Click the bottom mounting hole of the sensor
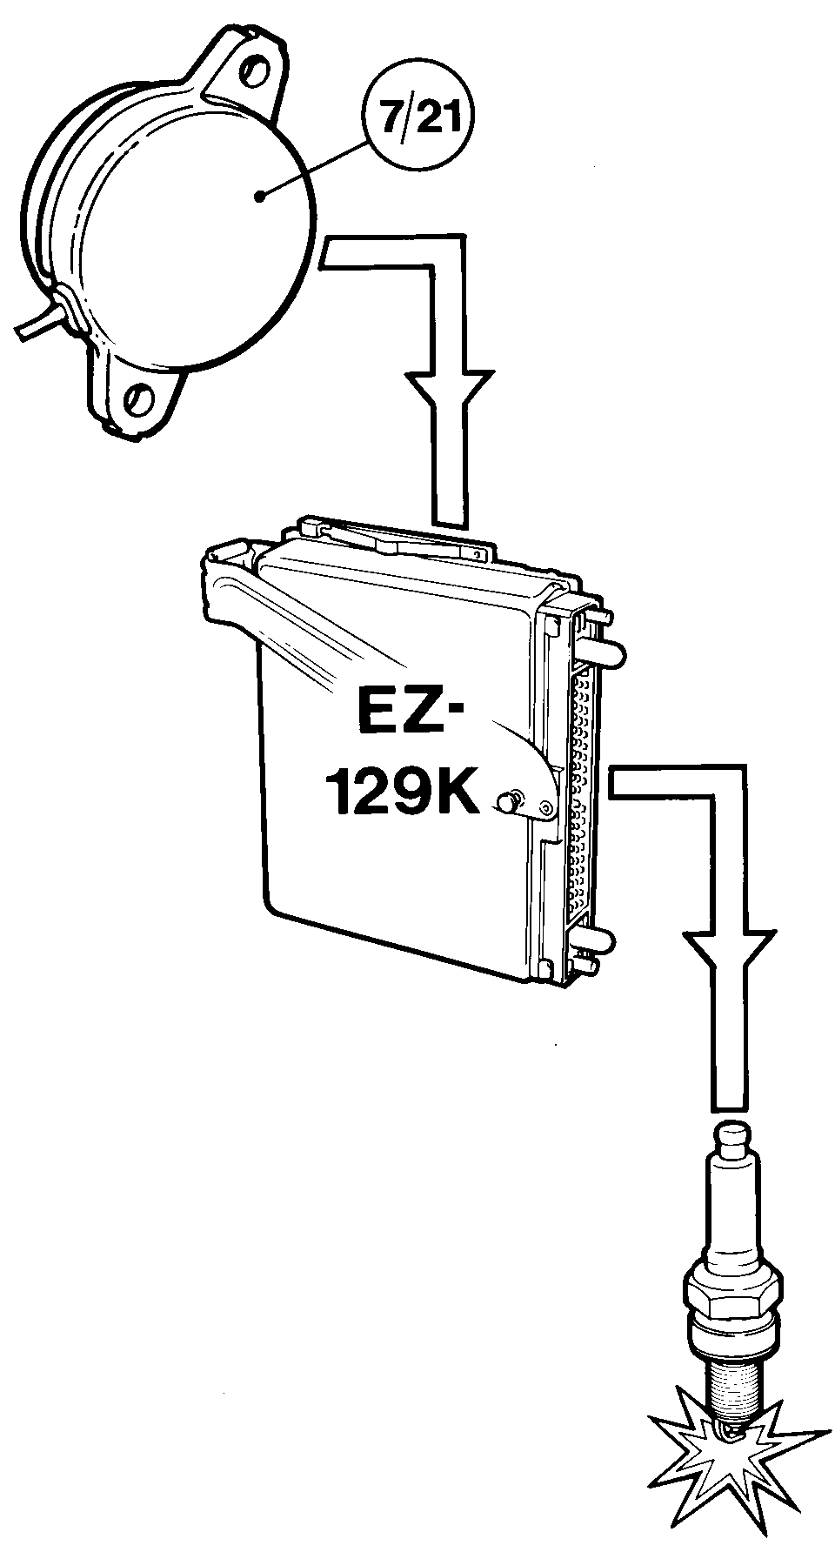138,398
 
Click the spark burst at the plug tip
728,1453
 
